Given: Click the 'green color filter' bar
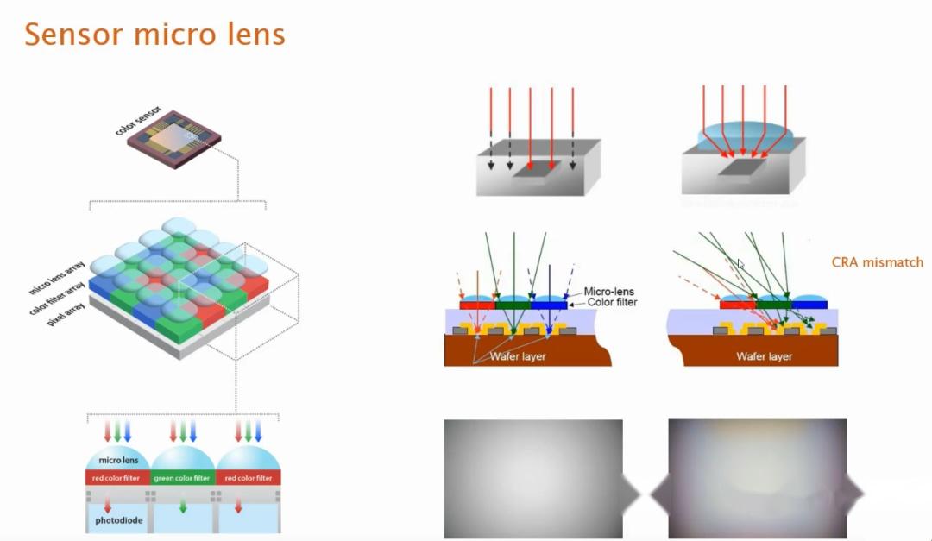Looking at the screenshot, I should click(182, 478).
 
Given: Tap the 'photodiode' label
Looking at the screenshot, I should click(117, 523).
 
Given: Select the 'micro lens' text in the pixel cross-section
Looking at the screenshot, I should click(117, 461).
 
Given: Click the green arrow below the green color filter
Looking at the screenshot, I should click(182, 508).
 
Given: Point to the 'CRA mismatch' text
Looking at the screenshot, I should click(877, 262).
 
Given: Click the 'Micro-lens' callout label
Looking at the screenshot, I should click(610, 292).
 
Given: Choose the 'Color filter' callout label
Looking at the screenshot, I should click(612, 303).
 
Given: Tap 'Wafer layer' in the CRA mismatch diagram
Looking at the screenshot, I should click(764, 355).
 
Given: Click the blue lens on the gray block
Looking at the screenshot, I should click(744, 139).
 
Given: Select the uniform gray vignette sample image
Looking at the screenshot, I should click(532, 479).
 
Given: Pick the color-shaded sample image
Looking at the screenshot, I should click(757, 479).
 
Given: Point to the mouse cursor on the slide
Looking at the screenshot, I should click(740, 264).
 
